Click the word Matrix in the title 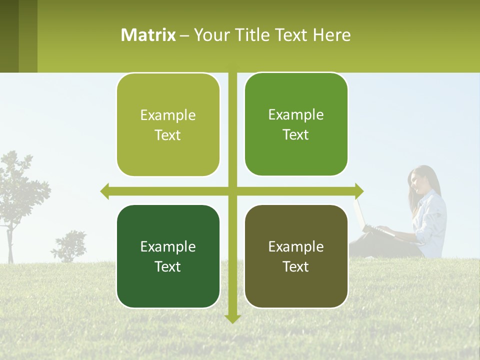pyautogui.click(x=148, y=35)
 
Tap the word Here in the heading pyautogui.click(x=332, y=35)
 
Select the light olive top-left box pyautogui.click(x=168, y=125)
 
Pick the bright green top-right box pyautogui.click(x=296, y=124)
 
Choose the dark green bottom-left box pyautogui.click(x=168, y=256)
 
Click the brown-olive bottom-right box pyautogui.click(x=296, y=256)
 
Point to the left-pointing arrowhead pyautogui.click(x=104, y=191)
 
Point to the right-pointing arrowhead pyautogui.click(x=359, y=191)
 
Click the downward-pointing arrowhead pyautogui.click(x=232, y=318)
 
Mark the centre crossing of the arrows pyautogui.click(x=232, y=191)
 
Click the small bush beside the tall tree pyautogui.click(x=70, y=245)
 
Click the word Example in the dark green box pyautogui.click(x=168, y=246)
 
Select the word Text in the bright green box pyautogui.click(x=296, y=135)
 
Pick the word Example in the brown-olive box pyautogui.click(x=296, y=246)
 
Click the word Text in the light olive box pyautogui.click(x=168, y=135)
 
